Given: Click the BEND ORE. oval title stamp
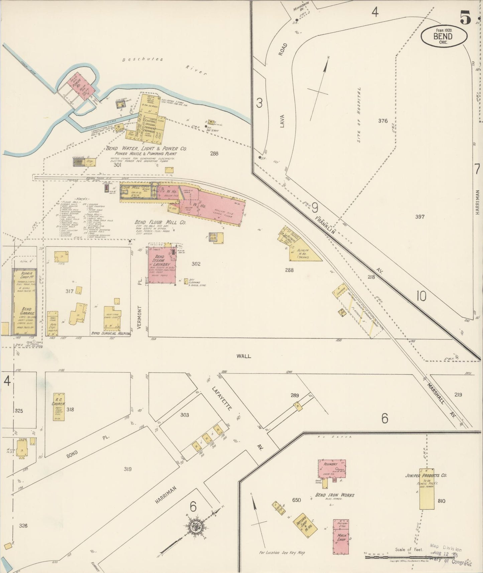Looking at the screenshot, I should tap(444, 36).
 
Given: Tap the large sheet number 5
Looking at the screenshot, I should tap(465, 17).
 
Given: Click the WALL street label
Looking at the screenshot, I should tap(243, 356).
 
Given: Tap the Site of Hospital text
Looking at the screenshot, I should tap(359, 115).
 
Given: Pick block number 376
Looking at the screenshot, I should tap(383, 121).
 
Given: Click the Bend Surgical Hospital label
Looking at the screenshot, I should tap(110, 334).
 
